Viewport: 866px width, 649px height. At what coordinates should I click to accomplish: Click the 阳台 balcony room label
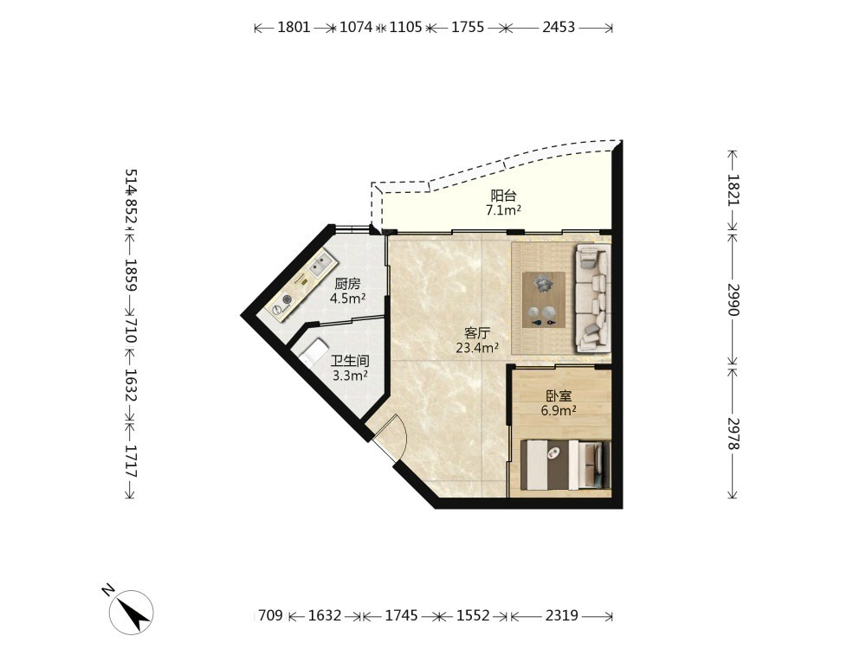point(503,196)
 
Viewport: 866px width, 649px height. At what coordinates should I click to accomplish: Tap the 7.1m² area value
point(504,209)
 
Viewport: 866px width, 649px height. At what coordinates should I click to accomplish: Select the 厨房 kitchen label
point(347,284)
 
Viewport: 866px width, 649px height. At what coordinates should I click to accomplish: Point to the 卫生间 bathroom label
point(350,362)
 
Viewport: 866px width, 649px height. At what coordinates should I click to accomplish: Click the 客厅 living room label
point(477,333)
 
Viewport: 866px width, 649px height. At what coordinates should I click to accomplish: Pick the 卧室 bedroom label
point(559,395)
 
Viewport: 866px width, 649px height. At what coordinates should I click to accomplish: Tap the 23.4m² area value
point(477,348)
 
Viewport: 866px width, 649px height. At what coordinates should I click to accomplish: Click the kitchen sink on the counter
point(320,266)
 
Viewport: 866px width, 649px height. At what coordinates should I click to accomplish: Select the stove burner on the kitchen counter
point(287,299)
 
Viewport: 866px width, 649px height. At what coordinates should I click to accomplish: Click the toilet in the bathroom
point(313,351)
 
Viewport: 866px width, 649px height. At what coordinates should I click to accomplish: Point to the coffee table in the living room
point(544,299)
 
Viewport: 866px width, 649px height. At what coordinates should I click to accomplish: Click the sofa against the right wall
point(593,298)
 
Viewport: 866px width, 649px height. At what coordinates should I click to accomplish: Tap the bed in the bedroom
point(565,464)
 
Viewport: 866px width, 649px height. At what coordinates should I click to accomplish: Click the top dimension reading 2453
point(559,27)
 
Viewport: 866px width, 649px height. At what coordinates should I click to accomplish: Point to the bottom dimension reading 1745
point(402,614)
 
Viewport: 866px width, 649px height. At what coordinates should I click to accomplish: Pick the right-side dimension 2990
point(733,299)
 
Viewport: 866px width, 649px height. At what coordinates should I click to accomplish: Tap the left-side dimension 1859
point(131,275)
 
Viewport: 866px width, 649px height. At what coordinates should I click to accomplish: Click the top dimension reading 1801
point(294,27)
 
